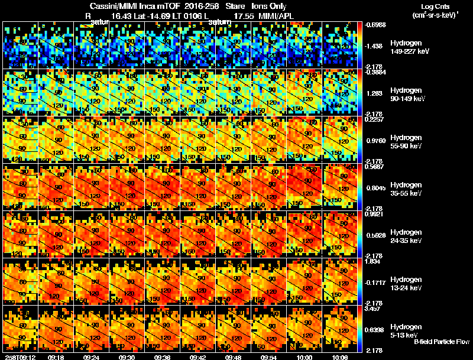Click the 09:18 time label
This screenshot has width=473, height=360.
coord(56,357)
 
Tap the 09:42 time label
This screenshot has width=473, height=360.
coord(198,357)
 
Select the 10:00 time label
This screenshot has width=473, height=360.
coord(304,357)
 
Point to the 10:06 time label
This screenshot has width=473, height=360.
coord(340,357)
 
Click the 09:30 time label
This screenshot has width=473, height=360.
coord(127,357)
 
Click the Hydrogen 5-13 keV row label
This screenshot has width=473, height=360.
coord(406,331)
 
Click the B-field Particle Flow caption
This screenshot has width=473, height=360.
coord(442,342)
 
